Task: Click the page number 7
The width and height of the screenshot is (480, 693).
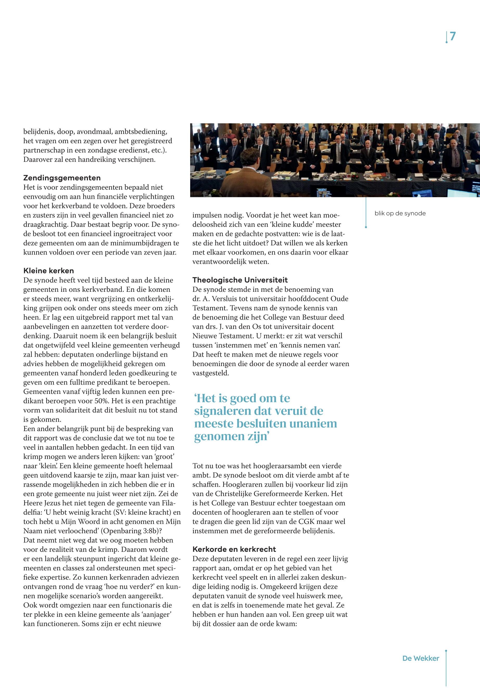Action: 453,36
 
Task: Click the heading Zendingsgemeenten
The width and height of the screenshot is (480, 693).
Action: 62,178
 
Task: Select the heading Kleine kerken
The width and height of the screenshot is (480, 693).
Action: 48,270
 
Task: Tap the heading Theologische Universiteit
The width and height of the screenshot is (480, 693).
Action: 240,280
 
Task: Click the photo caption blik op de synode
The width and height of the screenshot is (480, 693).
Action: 400,213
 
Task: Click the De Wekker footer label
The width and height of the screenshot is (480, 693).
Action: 420,658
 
